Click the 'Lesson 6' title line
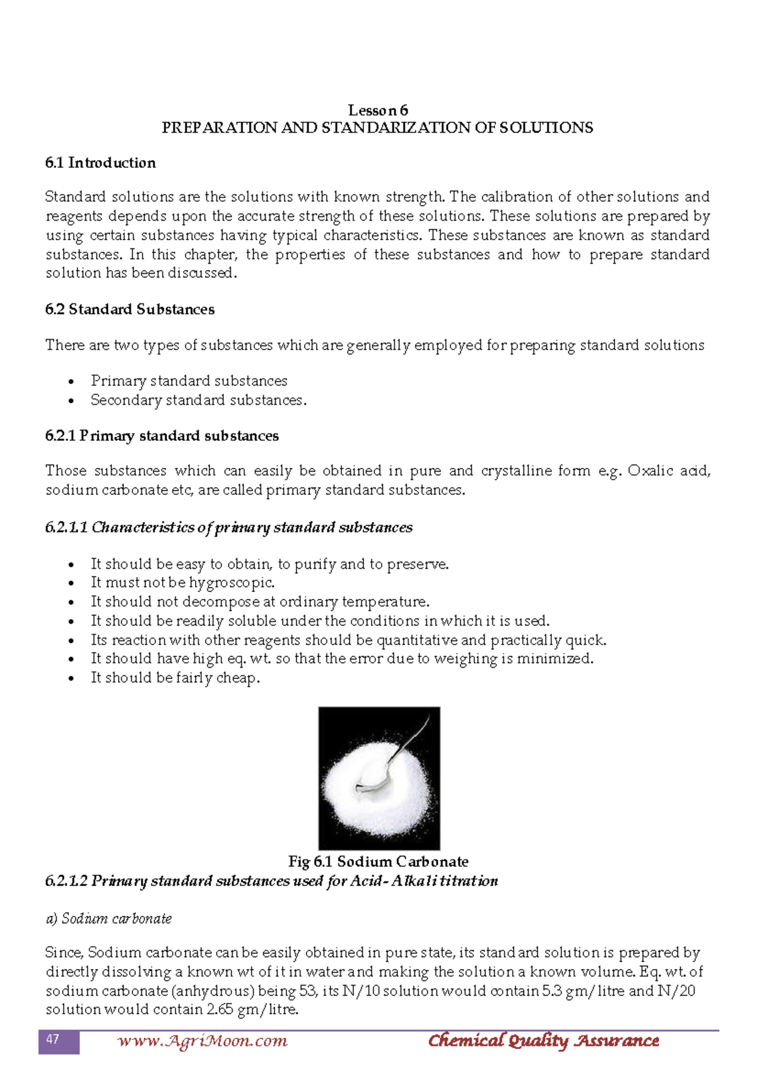(378, 110)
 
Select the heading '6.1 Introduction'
(100, 163)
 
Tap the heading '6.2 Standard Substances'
(130, 310)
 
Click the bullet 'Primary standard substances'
(189, 381)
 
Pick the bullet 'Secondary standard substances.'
(198, 400)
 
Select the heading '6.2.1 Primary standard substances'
(161, 436)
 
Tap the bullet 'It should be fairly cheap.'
(175, 678)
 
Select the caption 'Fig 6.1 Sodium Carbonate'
(378, 861)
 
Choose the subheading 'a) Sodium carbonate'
(109, 919)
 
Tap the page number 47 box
(59, 1041)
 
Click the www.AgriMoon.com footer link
(202, 1041)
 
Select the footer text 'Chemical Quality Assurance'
(543, 1041)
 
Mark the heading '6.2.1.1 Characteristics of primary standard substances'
(228, 528)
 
